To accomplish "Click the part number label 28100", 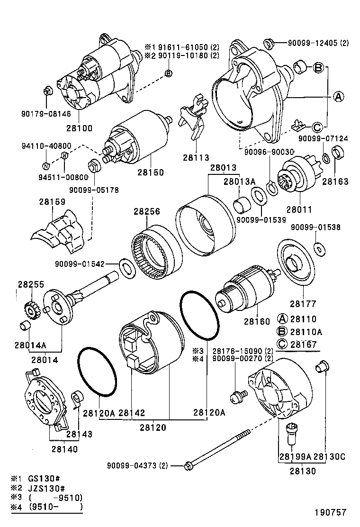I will tap(79, 128).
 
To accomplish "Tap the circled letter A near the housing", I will tap(338, 97).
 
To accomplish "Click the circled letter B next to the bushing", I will tap(319, 68).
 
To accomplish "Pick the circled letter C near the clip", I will tap(317, 127).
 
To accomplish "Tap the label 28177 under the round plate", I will tap(304, 304).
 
